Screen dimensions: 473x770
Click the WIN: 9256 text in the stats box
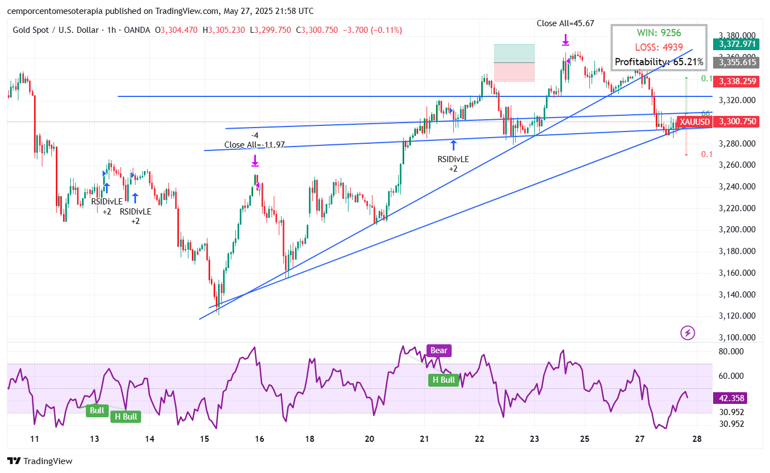pos(658,33)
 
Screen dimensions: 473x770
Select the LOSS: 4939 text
pos(658,47)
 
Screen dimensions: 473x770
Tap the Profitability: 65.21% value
pos(658,62)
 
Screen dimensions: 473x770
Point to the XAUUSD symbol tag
pos(695,121)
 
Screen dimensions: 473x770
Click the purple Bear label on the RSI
pos(438,351)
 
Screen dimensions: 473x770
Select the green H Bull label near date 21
pos(444,380)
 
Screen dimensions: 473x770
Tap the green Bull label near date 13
pos(97,411)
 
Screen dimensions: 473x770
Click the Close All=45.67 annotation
pos(565,23)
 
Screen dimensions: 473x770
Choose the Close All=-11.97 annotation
pos(254,145)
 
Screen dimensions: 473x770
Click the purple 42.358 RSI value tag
pos(731,398)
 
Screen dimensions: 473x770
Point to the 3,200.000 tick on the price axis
pos(737,230)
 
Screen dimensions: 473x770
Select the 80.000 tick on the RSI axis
pos(731,352)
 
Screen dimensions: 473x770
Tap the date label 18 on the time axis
pos(311,439)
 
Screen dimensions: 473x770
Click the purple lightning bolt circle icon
pos(688,333)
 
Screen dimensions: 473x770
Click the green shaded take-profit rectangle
pos(514,53)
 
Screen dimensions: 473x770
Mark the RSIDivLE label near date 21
pos(453,159)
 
